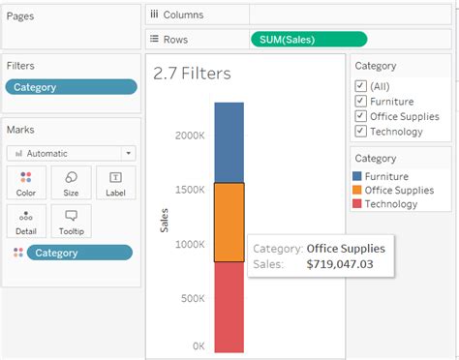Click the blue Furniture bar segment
click(x=229, y=141)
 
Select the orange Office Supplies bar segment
click(x=229, y=222)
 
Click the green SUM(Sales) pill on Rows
click(x=308, y=39)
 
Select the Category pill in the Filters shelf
click(x=71, y=87)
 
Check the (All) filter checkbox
click(x=360, y=85)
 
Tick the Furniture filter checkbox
click(x=360, y=101)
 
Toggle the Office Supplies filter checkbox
click(x=360, y=116)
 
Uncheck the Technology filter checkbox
click(x=360, y=132)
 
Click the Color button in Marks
click(x=26, y=182)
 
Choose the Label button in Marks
click(x=115, y=182)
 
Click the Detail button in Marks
click(x=26, y=221)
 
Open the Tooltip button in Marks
click(x=71, y=221)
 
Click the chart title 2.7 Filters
click(x=192, y=74)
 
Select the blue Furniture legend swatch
click(x=358, y=177)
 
